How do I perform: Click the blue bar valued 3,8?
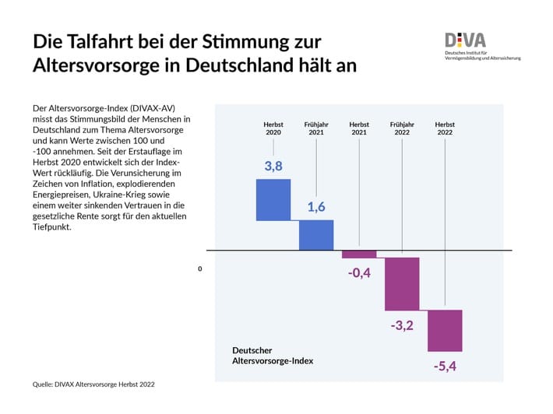(273, 200)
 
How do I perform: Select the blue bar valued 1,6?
(316, 235)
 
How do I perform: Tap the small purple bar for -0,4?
(359, 254)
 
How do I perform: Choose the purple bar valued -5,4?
(445, 330)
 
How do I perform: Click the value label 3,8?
(273, 166)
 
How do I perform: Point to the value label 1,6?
(316, 207)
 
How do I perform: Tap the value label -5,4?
(445, 365)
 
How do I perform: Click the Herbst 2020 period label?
(273, 128)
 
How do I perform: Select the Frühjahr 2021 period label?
(316, 128)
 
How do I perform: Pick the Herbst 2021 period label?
(359, 128)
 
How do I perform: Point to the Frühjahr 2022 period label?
(402, 128)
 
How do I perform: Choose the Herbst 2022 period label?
(445, 128)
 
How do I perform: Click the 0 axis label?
(200, 268)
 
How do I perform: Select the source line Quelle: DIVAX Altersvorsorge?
(99, 384)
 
